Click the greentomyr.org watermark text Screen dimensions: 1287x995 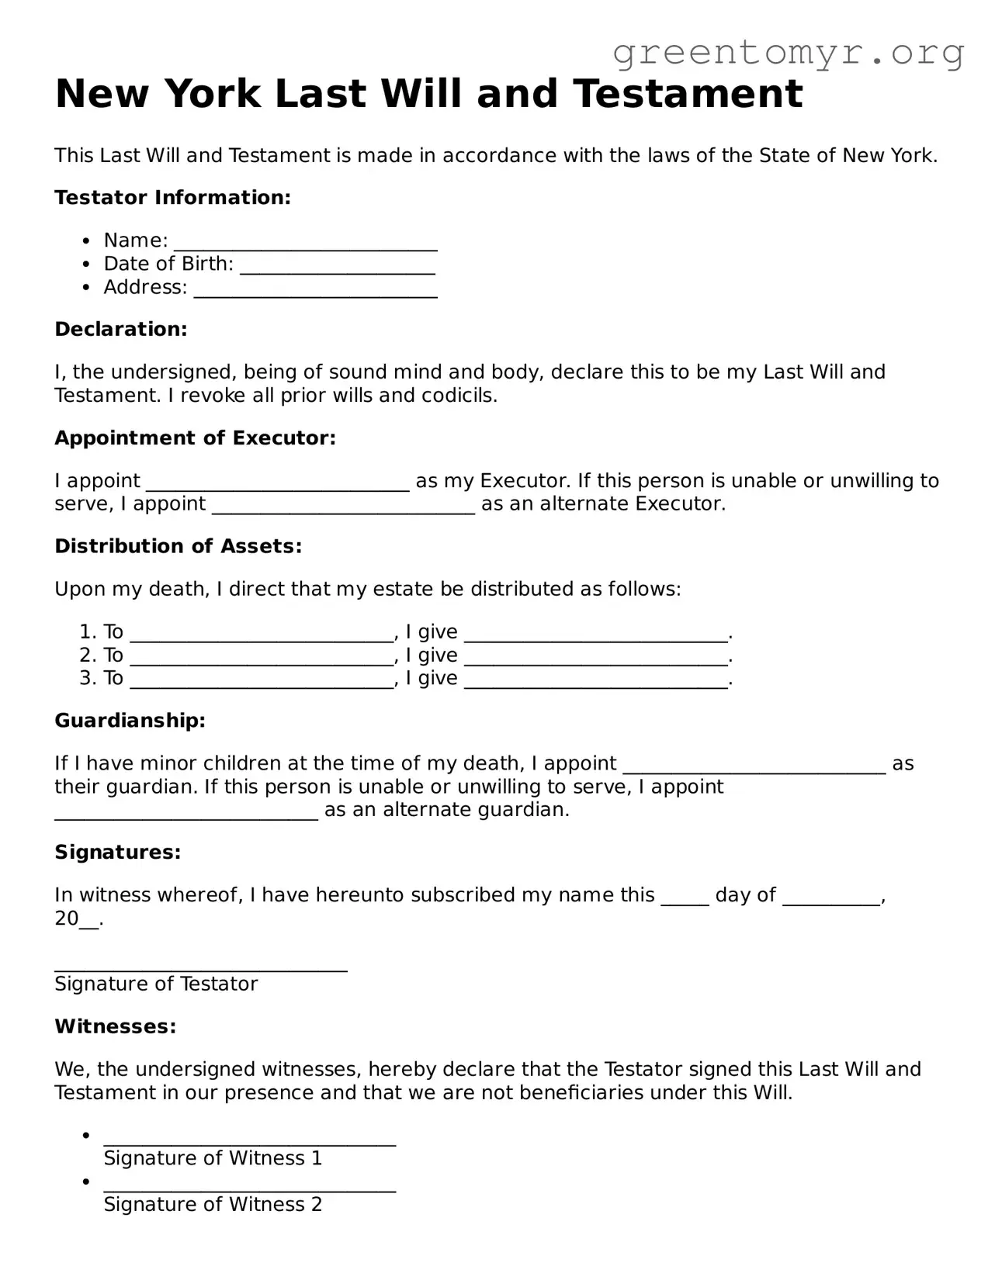(x=788, y=53)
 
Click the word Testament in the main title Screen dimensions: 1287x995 (x=688, y=94)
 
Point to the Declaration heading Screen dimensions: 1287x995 (x=121, y=329)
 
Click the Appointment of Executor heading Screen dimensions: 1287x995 (x=195, y=438)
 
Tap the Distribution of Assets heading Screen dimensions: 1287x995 (x=178, y=546)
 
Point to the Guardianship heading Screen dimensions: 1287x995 (x=130, y=721)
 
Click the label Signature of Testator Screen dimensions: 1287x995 (x=156, y=984)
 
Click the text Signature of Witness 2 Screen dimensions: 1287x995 (x=213, y=1204)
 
